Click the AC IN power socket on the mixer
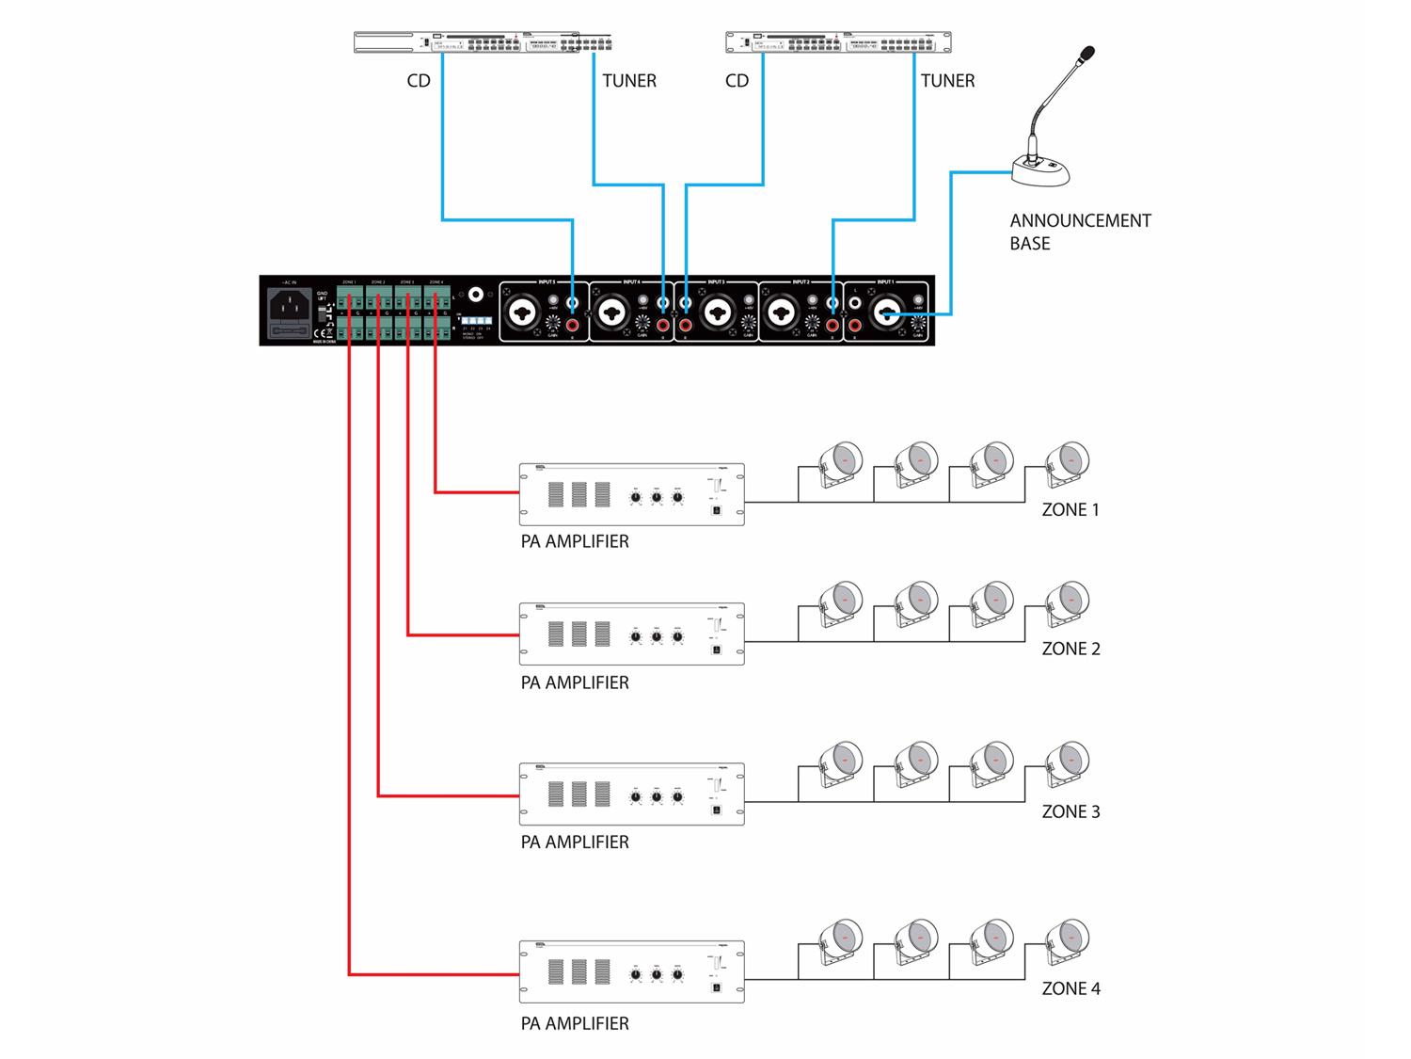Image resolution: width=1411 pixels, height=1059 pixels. (x=289, y=303)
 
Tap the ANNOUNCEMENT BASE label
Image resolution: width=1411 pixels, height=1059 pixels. (x=1079, y=232)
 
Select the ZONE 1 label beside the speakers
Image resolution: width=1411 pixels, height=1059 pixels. (x=1070, y=509)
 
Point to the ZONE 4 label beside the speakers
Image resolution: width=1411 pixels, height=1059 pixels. (x=1070, y=988)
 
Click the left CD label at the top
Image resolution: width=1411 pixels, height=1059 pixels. (x=419, y=81)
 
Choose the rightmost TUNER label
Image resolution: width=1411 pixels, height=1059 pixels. (x=947, y=81)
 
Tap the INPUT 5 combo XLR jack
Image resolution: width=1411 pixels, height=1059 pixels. (x=522, y=313)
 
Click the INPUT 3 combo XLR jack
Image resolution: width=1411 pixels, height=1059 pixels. (x=719, y=313)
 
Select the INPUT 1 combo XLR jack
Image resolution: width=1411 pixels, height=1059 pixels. (x=888, y=313)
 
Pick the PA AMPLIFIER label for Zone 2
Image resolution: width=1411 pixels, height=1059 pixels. (x=575, y=682)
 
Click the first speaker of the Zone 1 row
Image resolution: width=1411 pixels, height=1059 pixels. (x=839, y=463)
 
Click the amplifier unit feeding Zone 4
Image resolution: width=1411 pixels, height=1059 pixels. (x=631, y=971)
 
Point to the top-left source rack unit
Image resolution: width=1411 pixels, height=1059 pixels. (x=483, y=42)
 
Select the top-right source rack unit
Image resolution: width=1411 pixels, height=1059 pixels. (x=838, y=42)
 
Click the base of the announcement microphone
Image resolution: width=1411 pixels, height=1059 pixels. (x=1038, y=172)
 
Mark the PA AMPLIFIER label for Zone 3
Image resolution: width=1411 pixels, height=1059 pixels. (x=575, y=842)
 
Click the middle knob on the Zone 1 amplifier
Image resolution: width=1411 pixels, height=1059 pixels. (x=657, y=498)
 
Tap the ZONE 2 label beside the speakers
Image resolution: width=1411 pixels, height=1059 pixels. (x=1070, y=649)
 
